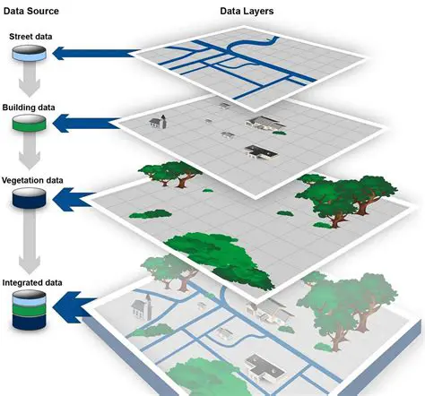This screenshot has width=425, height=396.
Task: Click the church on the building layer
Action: pyautogui.click(x=160, y=121)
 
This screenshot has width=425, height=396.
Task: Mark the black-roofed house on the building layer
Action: pyautogui.click(x=258, y=150)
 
